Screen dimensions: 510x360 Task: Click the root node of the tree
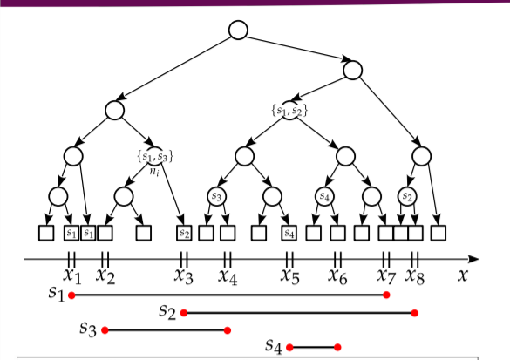(238, 30)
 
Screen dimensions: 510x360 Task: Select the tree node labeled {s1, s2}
(289, 111)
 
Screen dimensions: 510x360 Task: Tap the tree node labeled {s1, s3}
(155, 156)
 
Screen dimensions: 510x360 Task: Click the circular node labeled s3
(216, 196)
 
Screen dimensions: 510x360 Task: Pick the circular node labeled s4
(324, 196)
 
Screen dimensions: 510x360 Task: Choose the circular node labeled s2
(407, 196)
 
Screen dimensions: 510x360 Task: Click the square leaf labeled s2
(184, 233)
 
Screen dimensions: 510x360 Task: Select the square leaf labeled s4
(289, 233)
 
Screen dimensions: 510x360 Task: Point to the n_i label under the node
(154, 171)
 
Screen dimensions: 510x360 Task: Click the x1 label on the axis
(71, 275)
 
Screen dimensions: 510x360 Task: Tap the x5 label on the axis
(289, 275)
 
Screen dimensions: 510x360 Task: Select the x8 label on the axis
(415, 275)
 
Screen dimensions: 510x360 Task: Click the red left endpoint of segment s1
(71, 295)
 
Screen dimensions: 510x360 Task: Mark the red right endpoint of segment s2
(414, 313)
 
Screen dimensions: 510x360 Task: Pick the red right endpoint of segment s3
(228, 330)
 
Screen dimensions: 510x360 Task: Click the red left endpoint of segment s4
(289, 347)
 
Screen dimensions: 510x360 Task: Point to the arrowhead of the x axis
(473, 259)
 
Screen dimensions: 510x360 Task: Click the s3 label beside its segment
(88, 328)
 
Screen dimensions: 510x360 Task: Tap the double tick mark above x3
(184, 260)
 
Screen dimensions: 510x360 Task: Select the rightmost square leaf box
(439, 233)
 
